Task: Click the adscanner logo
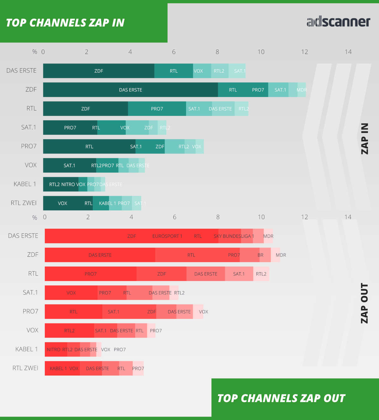338,22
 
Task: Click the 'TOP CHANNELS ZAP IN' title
65,23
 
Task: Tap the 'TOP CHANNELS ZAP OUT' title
281,398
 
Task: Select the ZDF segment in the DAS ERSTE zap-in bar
99,71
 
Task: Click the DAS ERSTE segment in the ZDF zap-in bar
130,90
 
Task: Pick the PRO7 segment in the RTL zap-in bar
157,109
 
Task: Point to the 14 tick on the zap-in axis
348,52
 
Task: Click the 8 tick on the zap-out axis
218,217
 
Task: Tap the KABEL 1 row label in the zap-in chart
25,184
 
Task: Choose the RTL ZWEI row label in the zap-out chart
25,368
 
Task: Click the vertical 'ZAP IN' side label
365,139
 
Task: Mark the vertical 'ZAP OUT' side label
365,303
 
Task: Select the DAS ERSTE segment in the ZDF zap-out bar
100,255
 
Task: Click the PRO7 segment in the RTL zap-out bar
91,274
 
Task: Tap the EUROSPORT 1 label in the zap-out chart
167,236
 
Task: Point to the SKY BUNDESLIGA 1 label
234,236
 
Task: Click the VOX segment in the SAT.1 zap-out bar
71,293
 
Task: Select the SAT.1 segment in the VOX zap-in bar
69,166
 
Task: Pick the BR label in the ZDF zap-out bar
261,255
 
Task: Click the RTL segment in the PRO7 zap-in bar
89,147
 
